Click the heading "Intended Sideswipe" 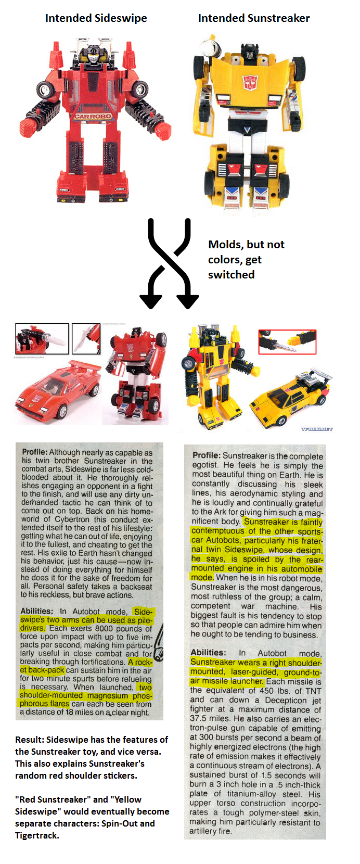[96, 18]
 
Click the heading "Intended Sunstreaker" [254, 18]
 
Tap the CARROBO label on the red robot [93, 116]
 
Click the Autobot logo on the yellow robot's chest [249, 82]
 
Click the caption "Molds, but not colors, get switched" [246, 259]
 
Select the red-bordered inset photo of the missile [287, 342]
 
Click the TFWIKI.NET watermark [317, 429]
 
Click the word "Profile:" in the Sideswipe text [35, 452]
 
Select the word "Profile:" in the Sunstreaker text [207, 455]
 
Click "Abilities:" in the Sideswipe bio [37, 611]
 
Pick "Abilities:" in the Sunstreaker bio [208, 653]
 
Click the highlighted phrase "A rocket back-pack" [86, 666]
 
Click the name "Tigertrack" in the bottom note [37, 835]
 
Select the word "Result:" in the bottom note [29, 740]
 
